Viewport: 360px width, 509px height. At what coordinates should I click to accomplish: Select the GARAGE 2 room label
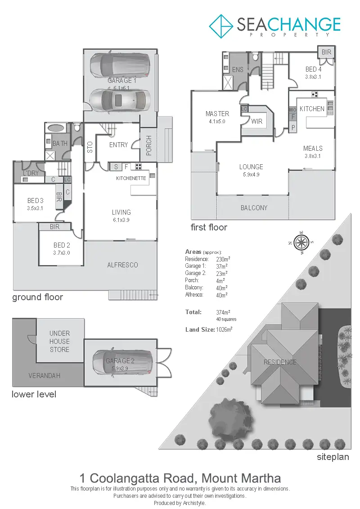[x=120, y=361]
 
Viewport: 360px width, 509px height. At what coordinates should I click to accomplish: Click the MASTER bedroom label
[x=217, y=114]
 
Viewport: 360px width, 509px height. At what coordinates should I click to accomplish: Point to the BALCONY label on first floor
[x=254, y=208]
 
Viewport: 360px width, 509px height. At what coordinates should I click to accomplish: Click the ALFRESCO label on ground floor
[x=122, y=265]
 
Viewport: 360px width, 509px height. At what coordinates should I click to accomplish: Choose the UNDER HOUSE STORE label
[x=59, y=341]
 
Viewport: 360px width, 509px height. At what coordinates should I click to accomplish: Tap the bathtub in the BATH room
[x=55, y=128]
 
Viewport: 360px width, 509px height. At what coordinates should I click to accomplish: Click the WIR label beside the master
[x=257, y=122]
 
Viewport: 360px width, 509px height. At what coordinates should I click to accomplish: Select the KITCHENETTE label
[x=131, y=179]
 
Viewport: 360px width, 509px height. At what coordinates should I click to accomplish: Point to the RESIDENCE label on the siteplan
[x=280, y=362]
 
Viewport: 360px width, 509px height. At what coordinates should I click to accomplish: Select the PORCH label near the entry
[x=148, y=145]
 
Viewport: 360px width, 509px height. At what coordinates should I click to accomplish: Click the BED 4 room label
[x=314, y=69]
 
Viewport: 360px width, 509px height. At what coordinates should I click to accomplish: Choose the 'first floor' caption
[x=209, y=227]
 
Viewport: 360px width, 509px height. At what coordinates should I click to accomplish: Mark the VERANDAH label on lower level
[x=44, y=375]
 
